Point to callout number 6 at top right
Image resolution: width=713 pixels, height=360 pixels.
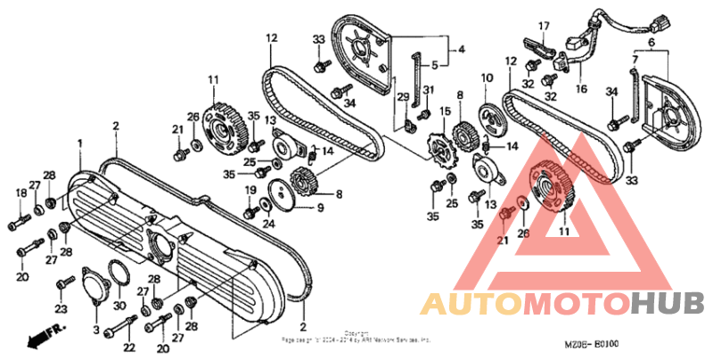(652, 43)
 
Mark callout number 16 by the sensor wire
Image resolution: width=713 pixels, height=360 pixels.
(583, 90)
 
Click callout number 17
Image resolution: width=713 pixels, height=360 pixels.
(544, 25)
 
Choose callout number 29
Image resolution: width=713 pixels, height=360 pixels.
(403, 96)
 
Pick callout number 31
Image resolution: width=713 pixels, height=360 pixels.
(429, 90)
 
